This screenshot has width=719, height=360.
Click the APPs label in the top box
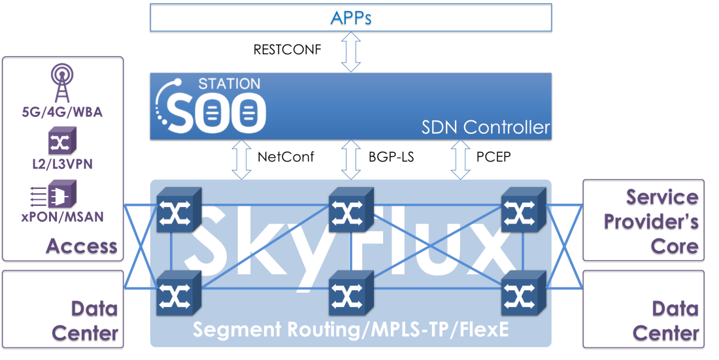pos(351,17)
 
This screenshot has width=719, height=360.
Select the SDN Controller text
pos(486,127)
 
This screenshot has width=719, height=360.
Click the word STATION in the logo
pos(229,84)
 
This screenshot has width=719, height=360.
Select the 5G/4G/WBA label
pos(62,112)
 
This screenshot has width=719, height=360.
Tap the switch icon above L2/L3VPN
pos(63,140)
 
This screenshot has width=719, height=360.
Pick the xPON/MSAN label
pos(62,216)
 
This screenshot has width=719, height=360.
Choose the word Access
pos(82,246)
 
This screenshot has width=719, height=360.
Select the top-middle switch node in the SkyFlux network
pos(350,209)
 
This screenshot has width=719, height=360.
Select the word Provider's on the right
pos(651,221)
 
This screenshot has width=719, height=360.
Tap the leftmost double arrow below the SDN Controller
pos(242,159)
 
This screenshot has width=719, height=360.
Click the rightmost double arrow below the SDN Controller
pos(461,159)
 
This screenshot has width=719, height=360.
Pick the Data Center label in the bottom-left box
pos(85,320)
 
